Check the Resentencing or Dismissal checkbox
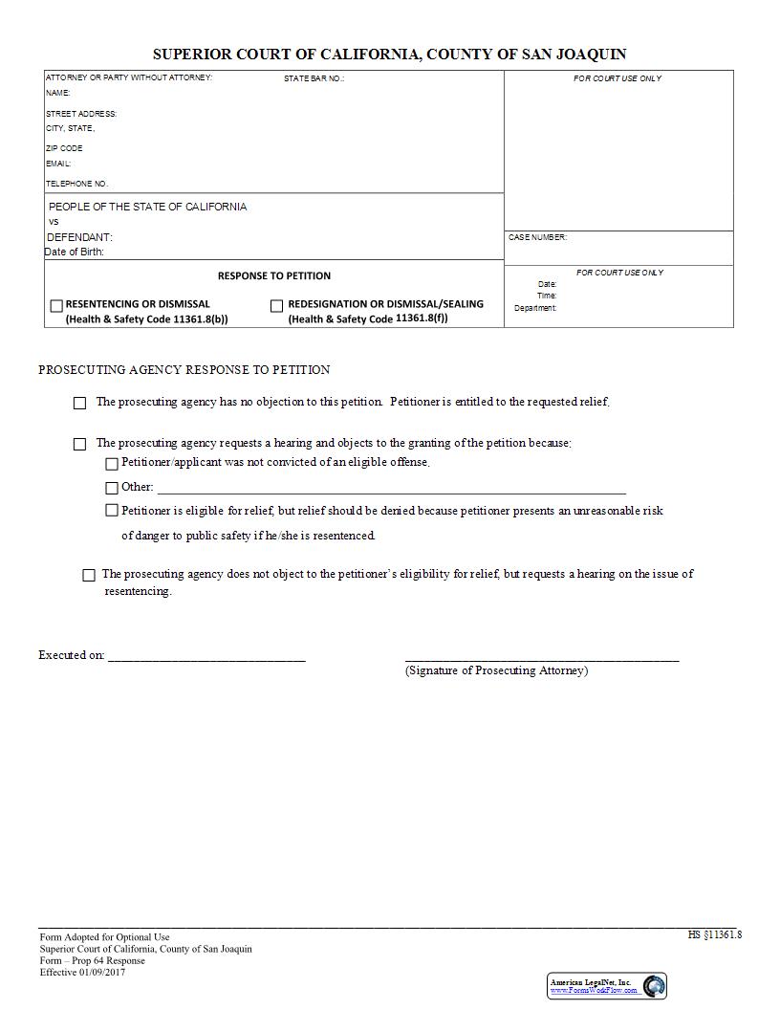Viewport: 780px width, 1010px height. [x=56, y=306]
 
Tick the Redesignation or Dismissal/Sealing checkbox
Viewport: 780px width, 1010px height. [x=277, y=306]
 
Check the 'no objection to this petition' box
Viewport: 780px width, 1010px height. [x=80, y=404]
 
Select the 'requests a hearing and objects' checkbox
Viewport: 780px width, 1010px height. [x=80, y=445]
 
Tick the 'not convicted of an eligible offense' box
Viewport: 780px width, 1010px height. [x=112, y=464]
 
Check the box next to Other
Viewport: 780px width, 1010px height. [x=112, y=488]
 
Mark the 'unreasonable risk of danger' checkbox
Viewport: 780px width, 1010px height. [x=112, y=511]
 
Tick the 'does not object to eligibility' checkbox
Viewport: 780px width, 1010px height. [x=89, y=575]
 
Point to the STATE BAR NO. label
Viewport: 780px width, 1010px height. [x=314, y=78]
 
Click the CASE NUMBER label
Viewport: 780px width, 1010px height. [x=537, y=237]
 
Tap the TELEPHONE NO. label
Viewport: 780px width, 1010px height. [x=77, y=184]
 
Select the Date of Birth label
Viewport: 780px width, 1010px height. [x=75, y=252]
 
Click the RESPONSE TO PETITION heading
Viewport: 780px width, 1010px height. [x=274, y=276]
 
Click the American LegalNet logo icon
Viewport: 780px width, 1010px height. [x=654, y=986]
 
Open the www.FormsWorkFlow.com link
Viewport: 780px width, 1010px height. [x=594, y=991]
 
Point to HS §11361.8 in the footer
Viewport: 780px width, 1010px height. [x=714, y=934]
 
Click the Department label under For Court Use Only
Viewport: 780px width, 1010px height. [x=535, y=308]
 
